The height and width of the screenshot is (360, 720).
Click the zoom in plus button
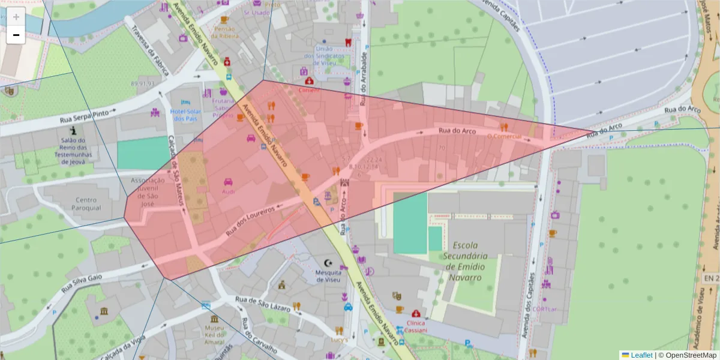click(x=16, y=17)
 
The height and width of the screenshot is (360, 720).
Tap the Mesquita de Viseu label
click(x=328, y=276)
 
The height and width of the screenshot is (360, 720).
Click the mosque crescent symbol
click(x=328, y=263)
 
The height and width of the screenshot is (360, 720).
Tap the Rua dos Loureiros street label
click(x=250, y=221)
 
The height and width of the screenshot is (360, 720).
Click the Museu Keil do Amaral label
click(x=214, y=335)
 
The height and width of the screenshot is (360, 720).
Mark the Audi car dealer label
click(x=229, y=192)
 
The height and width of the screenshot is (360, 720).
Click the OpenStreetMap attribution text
click(x=687, y=355)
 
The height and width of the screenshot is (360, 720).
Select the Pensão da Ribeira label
click(x=224, y=32)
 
